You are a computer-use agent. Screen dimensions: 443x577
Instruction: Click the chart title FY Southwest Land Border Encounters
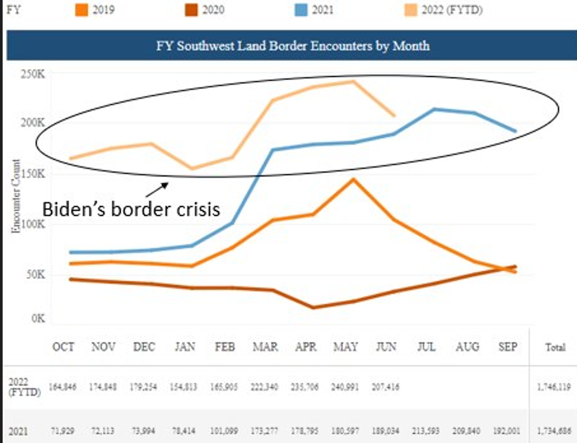click(x=292, y=46)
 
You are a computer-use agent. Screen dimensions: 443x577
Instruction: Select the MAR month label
click(x=265, y=347)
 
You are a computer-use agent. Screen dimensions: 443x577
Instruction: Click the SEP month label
click(x=508, y=347)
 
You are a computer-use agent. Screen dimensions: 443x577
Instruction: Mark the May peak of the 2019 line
click(x=352, y=179)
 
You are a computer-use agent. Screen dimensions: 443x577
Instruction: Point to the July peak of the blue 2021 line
click(x=434, y=109)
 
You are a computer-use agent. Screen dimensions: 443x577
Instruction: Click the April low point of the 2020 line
click(x=313, y=307)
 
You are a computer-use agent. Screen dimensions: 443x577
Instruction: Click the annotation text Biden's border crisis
click(x=131, y=208)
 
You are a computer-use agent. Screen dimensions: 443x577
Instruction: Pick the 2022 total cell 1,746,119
click(x=553, y=386)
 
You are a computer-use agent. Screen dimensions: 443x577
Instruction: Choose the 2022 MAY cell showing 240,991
click(x=345, y=386)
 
